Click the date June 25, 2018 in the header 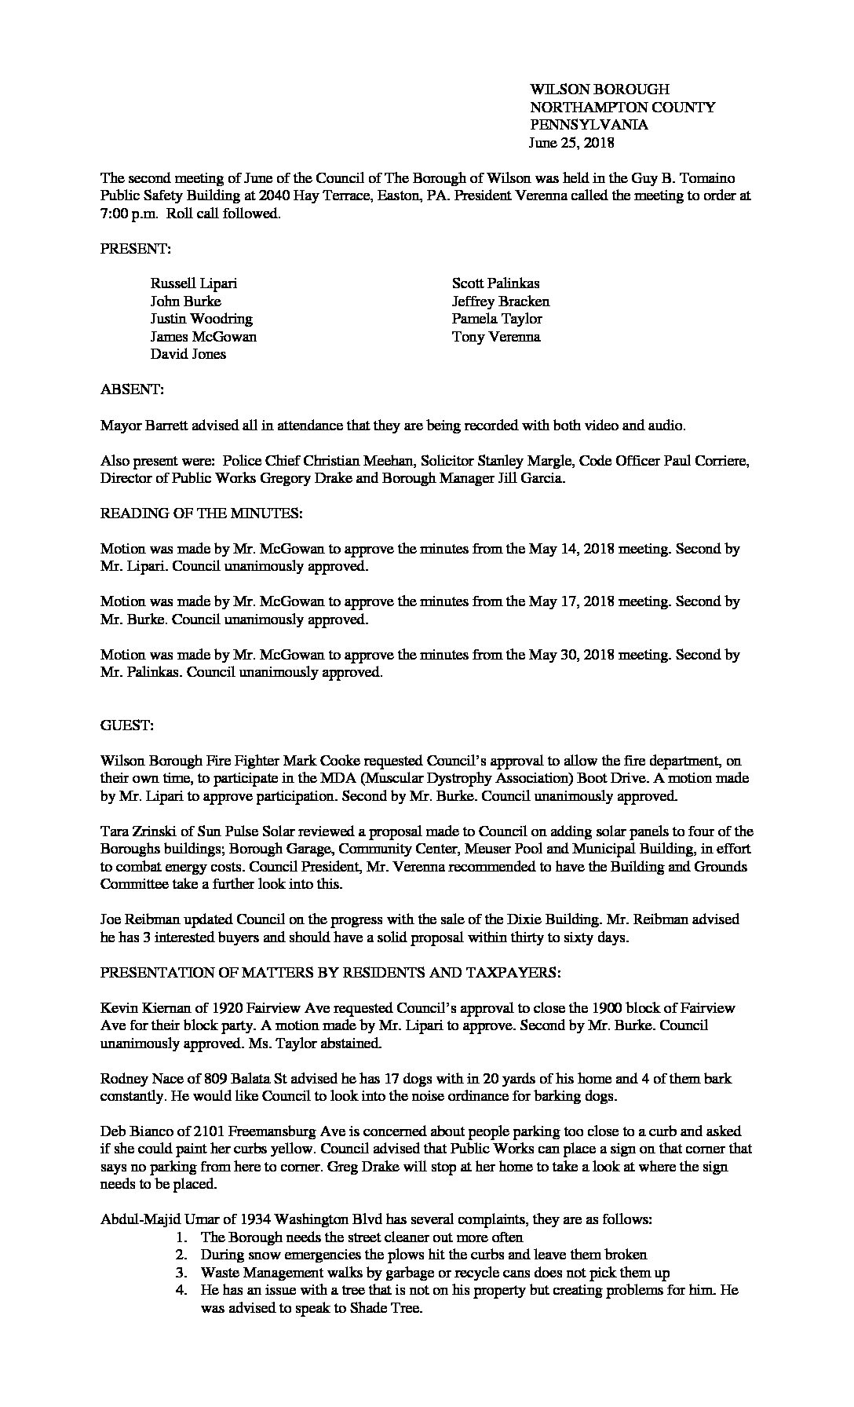(572, 143)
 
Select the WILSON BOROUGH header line (600, 90)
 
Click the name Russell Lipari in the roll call (193, 283)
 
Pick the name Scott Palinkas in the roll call (495, 283)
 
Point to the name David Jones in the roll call (188, 354)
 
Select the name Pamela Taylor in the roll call (497, 319)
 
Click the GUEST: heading (126, 725)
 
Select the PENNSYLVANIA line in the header (589, 125)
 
